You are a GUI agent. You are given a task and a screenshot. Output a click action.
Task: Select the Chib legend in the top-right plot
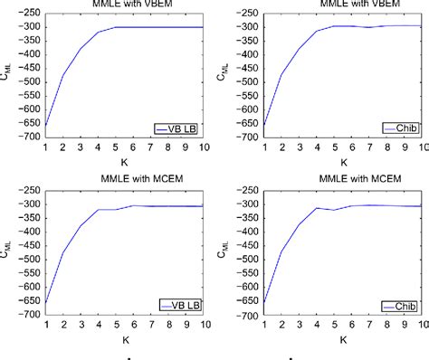click(402, 129)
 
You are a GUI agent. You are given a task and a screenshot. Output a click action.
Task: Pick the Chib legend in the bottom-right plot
click(402, 305)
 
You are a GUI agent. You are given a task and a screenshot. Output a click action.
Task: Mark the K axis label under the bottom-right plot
click(342, 340)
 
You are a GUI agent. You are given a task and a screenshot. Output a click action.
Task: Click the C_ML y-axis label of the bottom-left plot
click(7, 253)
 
